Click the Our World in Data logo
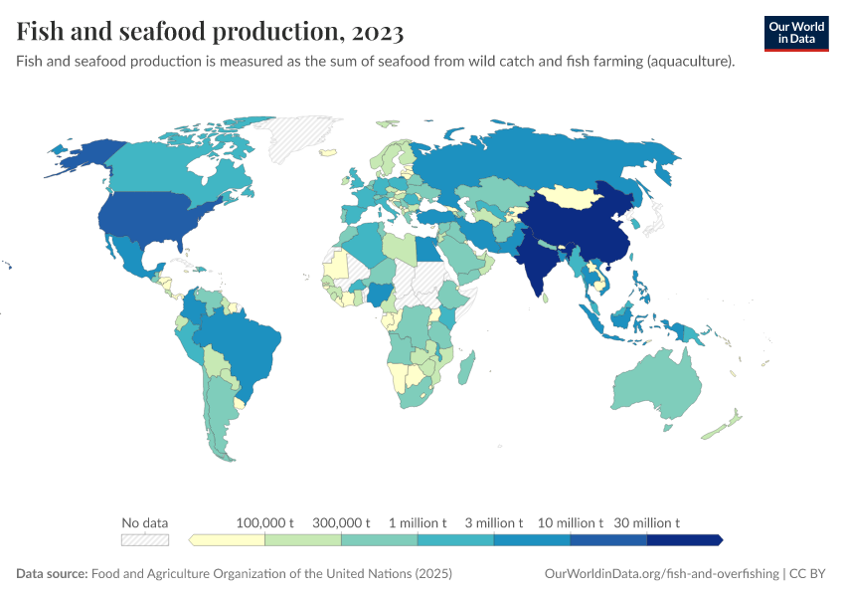(796, 33)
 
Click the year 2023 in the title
(377, 32)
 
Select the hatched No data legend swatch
(145, 539)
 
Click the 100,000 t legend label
(265, 522)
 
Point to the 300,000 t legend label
(341, 522)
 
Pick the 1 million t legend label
(418, 522)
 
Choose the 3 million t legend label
(494, 522)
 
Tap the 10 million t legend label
(571, 522)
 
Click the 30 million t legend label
(647, 522)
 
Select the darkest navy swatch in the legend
(684, 539)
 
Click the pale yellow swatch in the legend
(228, 539)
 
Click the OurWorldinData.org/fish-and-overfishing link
(662, 574)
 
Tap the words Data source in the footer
(52, 574)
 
